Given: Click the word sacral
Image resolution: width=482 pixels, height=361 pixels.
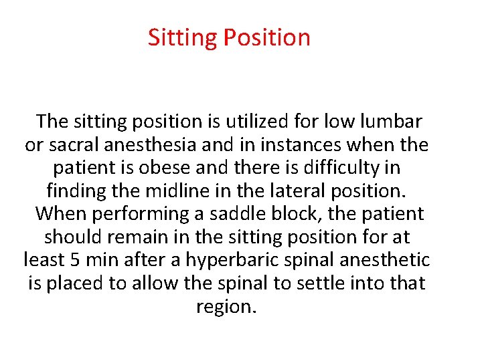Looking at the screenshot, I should (76, 144).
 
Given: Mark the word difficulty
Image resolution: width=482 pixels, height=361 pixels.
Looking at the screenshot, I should (341, 168).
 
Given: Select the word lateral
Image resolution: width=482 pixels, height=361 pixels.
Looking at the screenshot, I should (297, 191).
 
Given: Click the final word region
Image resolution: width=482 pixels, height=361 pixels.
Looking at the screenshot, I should (226, 307).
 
